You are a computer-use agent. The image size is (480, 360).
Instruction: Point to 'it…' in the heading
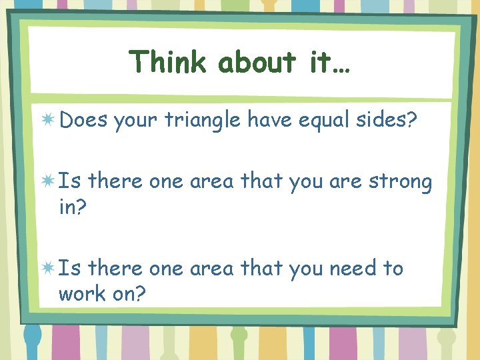[327, 62]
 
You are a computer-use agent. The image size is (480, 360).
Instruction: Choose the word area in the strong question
[211, 182]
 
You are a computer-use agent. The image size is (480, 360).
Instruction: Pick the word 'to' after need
[393, 269]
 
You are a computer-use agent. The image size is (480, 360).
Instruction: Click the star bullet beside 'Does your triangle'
[48, 120]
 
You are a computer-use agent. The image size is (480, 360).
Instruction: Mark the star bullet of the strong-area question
[48, 181]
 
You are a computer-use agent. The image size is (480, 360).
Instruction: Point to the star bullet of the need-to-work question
[48, 268]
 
